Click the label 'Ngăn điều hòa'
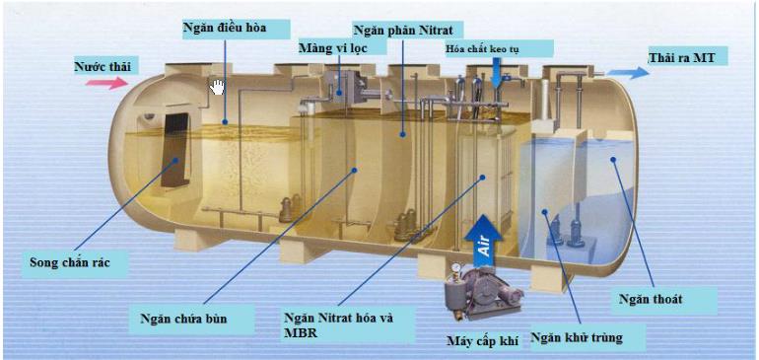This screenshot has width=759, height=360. [224, 27]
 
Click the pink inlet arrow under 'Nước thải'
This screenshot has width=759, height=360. [105, 84]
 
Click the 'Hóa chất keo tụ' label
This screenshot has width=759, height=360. [499, 48]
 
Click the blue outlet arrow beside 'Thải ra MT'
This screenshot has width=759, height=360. [622, 72]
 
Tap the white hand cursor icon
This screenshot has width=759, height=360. [217, 88]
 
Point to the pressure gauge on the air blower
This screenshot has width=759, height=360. [455, 265]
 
